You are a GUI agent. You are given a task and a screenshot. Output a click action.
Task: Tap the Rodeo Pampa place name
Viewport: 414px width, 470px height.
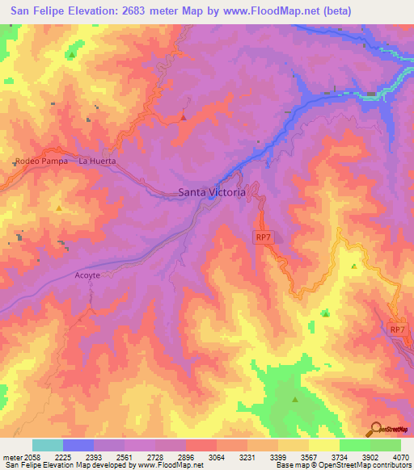(41, 161)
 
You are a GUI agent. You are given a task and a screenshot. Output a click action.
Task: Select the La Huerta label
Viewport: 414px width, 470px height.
(97, 161)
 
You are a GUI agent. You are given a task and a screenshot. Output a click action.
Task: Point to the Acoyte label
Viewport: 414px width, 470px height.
(87, 275)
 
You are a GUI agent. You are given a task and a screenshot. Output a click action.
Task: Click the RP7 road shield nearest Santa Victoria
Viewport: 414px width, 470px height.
(262, 236)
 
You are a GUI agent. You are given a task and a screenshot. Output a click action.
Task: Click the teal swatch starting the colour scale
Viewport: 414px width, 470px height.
(48, 445)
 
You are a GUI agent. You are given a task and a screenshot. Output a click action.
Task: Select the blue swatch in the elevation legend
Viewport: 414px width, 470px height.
(78, 445)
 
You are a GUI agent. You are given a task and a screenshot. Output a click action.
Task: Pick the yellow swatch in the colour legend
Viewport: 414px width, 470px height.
(323, 445)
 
